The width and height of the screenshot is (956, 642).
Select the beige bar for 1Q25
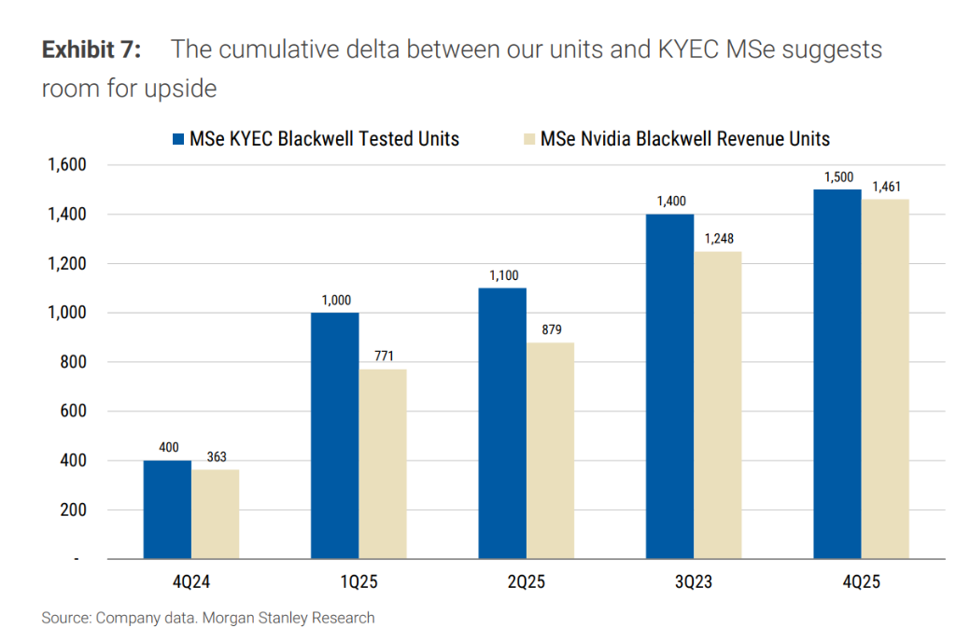point(383,464)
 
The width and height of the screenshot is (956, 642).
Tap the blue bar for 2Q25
point(501,424)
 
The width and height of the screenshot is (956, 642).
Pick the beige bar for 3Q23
point(718,405)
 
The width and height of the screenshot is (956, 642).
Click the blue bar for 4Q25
point(837,374)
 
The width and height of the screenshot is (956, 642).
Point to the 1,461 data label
point(886,187)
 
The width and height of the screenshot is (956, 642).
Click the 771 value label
point(383,357)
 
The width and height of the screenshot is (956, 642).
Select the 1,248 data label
point(718,239)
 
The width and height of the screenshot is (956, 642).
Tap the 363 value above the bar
point(216,457)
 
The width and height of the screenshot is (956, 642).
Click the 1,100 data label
point(502,275)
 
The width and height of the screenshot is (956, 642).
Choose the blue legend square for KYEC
point(178,139)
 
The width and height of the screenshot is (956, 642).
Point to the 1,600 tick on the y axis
point(65,165)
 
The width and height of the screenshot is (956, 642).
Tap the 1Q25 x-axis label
point(358,582)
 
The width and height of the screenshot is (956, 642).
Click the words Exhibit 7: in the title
point(91,49)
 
